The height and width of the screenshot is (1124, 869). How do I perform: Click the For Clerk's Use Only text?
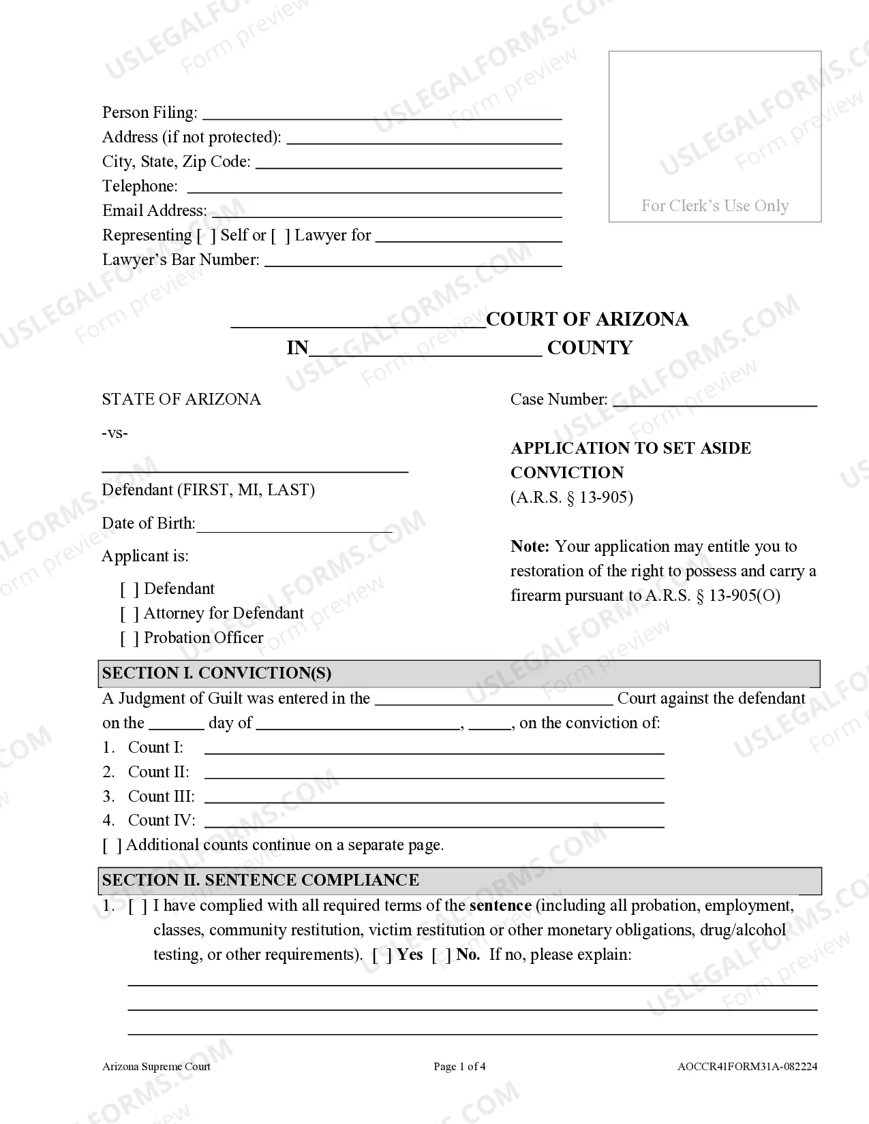(715, 206)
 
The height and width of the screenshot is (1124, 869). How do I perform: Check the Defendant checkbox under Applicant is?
(130, 589)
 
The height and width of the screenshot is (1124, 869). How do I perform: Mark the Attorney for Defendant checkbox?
(130, 614)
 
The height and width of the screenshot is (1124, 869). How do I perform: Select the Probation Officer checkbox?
(130, 638)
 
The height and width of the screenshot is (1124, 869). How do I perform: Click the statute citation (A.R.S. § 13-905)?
(572, 497)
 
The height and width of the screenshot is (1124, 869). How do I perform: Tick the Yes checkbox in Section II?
(382, 955)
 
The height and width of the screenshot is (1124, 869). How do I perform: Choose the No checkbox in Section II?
(442, 955)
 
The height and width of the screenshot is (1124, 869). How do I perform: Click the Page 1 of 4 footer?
(459, 1067)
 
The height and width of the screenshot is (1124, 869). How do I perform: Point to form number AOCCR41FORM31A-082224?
(747, 1067)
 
